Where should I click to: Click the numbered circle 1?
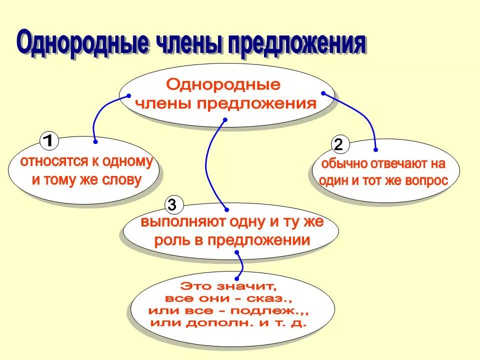(x=48, y=141)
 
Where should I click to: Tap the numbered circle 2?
(x=338, y=145)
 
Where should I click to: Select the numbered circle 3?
(x=172, y=204)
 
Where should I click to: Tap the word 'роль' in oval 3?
(x=170, y=240)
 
